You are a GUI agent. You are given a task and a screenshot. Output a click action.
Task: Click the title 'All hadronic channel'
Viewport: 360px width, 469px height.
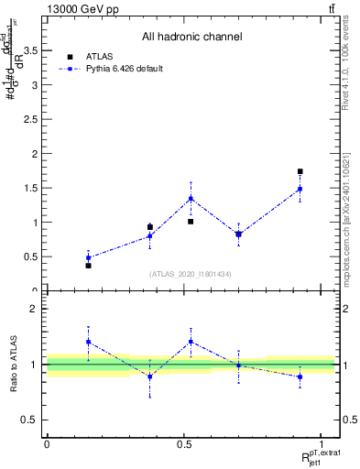click(191, 37)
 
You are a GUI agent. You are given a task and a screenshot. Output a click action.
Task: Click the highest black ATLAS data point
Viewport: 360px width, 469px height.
click(300, 171)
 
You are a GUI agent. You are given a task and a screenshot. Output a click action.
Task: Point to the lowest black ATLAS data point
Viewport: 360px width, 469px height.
click(88, 265)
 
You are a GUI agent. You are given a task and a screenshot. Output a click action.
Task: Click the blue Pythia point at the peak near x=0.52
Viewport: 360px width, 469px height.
click(191, 198)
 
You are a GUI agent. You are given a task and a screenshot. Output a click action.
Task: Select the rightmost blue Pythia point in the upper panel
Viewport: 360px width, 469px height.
click(300, 189)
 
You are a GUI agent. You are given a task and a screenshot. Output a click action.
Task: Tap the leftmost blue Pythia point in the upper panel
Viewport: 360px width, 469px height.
click(88, 257)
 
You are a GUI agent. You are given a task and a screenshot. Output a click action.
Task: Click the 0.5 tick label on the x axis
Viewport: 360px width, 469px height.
click(184, 445)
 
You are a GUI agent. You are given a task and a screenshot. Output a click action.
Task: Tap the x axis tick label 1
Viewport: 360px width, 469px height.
click(322, 445)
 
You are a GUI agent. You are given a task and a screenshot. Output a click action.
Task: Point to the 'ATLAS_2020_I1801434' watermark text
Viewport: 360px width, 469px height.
click(191, 274)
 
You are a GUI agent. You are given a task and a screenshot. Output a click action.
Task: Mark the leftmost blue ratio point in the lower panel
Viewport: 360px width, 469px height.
click(88, 342)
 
